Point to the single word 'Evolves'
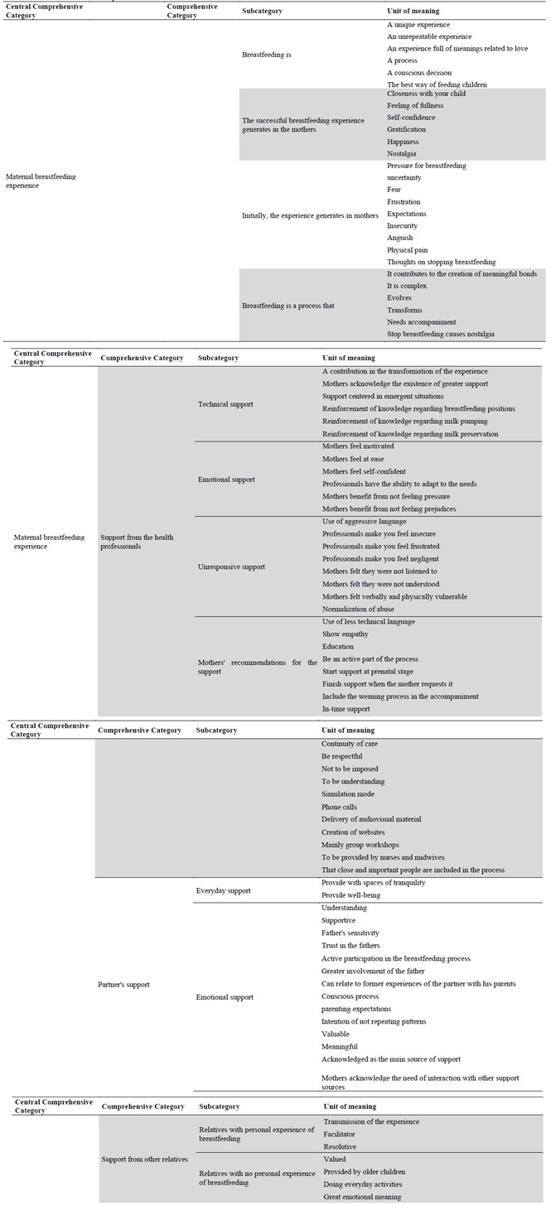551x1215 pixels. coord(399,298)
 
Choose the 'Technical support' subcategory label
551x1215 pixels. coord(226,403)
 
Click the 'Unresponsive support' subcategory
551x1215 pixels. coord(231,567)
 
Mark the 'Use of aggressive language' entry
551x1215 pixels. coord(364,521)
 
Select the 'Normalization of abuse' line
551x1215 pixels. coord(357,609)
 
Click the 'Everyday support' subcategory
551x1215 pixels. coord(224,890)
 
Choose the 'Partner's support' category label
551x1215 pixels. coord(123,985)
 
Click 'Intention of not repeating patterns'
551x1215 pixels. coord(375,1021)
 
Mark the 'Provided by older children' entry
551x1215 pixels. coord(363,1171)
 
